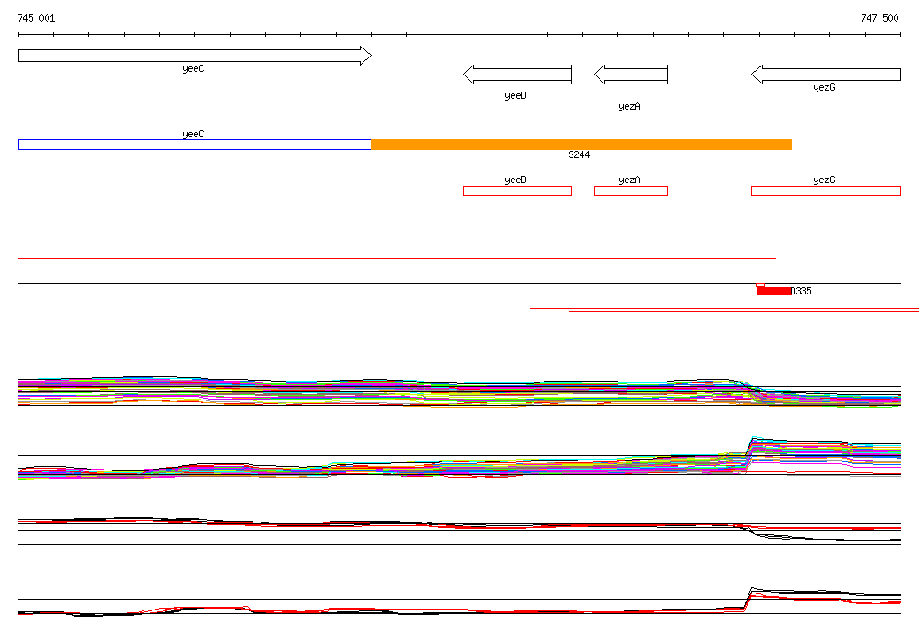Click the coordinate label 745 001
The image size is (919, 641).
point(36,18)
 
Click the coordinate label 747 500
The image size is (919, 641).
point(880,18)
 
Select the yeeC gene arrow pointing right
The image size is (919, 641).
point(195,56)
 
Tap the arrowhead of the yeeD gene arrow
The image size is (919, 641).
point(468,75)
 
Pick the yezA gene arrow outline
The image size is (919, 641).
point(631,75)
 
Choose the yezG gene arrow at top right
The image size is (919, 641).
point(826,75)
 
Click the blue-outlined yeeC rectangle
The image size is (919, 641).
point(195,145)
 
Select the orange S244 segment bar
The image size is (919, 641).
point(581,145)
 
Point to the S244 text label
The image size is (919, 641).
point(579,154)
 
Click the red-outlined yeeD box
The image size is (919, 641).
point(517,190)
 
